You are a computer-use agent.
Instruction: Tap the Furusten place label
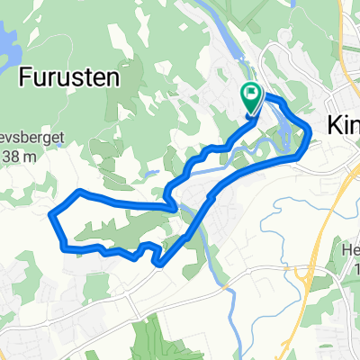68,77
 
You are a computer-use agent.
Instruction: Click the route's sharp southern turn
157,264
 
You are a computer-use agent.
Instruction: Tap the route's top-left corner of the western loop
79,191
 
